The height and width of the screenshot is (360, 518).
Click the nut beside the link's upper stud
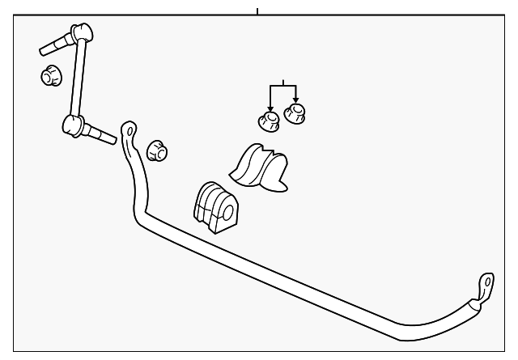[x=51, y=75]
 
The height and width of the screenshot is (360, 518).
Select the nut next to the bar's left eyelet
[x=158, y=150]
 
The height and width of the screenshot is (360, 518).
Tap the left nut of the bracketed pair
[x=268, y=122]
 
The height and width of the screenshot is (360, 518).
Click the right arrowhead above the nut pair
[x=295, y=100]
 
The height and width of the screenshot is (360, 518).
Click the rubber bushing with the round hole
[x=214, y=209]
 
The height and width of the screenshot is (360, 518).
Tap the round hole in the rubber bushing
[x=227, y=214]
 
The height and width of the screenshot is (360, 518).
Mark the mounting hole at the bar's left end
[x=129, y=129]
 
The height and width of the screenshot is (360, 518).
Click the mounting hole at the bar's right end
[x=486, y=281]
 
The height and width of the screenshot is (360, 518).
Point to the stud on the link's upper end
[x=54, y=44]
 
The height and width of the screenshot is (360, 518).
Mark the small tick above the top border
[x=257, y=11]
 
